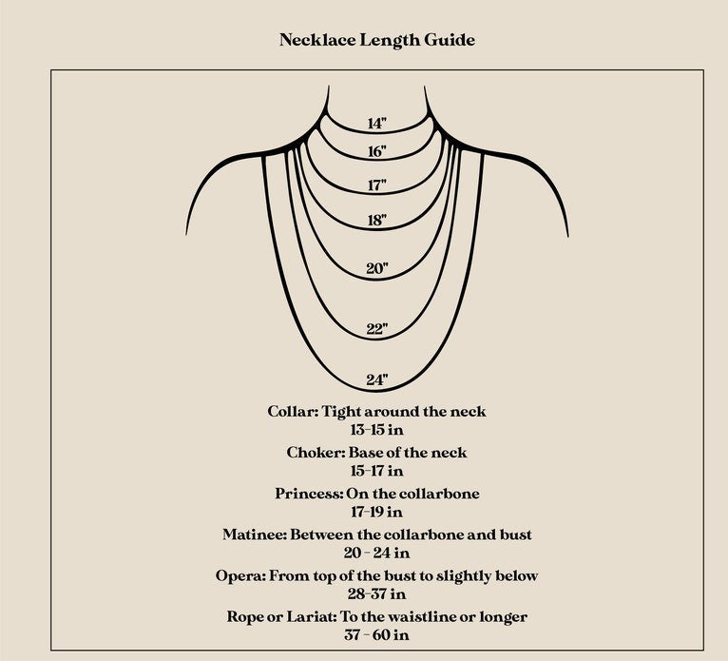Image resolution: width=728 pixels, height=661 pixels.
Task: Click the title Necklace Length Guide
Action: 377,40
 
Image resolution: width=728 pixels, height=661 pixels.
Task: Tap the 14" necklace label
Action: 377,124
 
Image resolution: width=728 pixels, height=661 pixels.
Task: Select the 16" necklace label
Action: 377,152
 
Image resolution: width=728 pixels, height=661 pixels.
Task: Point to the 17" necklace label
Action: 377,185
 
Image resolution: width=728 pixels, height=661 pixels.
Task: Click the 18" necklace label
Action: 377,221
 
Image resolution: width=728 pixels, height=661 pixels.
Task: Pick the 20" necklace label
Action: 377,268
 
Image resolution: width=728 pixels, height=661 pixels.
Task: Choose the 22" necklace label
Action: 377,329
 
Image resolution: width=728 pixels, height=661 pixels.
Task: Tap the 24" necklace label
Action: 377,380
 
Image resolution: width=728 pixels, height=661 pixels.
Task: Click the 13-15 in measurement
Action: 377,430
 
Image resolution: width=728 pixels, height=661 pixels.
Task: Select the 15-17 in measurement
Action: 377,471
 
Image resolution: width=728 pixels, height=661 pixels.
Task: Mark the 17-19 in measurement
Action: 377,512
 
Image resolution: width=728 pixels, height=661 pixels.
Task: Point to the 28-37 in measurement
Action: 377,594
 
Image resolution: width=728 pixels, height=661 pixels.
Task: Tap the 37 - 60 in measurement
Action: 377,635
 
